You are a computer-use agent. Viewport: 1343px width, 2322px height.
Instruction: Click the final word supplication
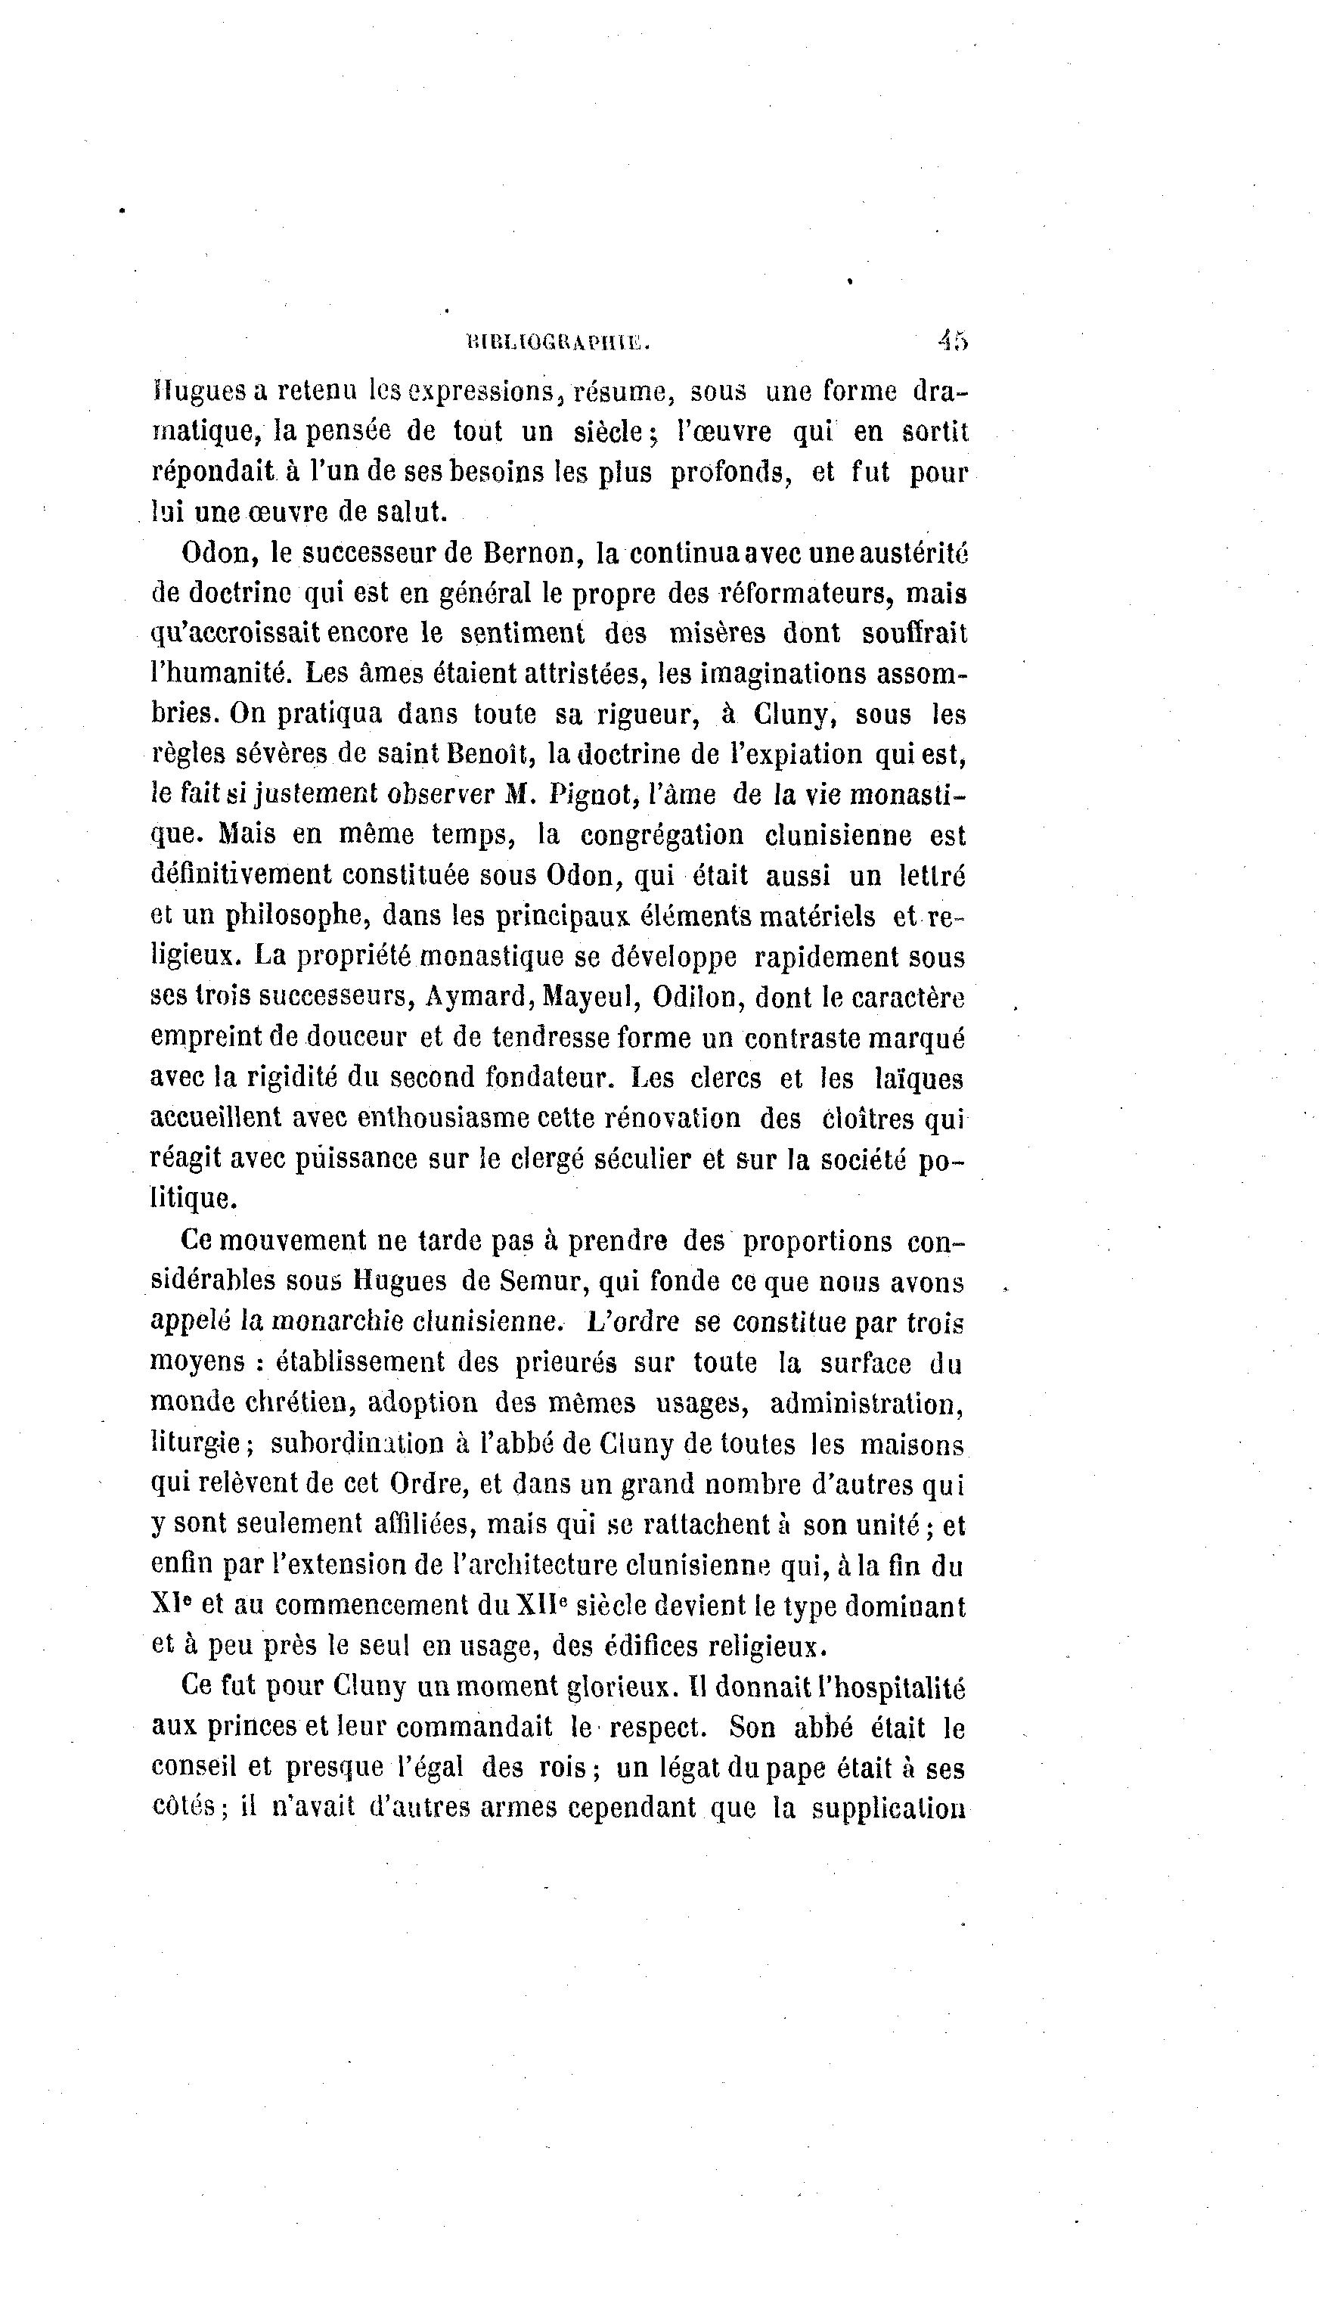[x=888, y=1808]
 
